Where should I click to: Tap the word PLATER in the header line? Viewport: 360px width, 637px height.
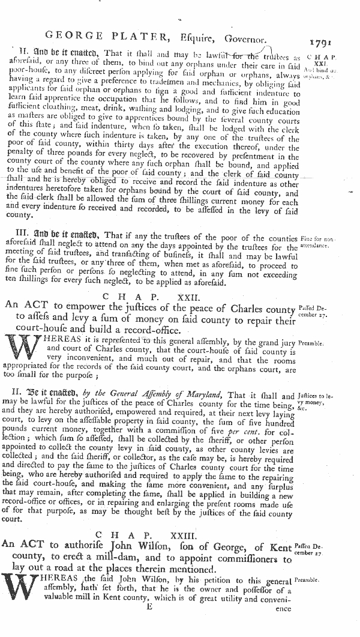(x=143, y=40)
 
